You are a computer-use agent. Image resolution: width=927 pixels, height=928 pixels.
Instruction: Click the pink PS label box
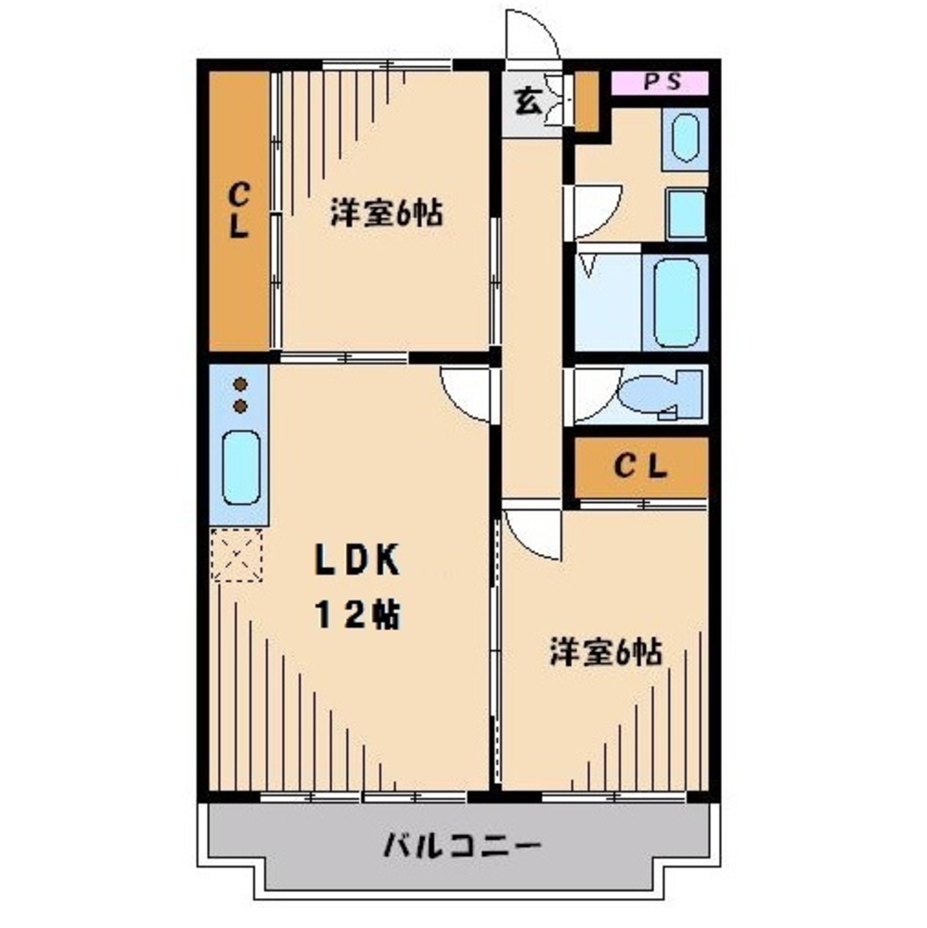tap(660, 82)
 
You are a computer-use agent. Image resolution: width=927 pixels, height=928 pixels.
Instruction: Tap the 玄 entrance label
tap(527, 101)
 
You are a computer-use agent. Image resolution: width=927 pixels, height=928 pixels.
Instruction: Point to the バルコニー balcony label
tap(461, 846)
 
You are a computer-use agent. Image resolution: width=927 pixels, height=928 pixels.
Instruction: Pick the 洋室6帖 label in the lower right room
tap(605, 652)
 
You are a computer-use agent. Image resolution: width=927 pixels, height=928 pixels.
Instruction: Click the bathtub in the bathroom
tap(676, 302)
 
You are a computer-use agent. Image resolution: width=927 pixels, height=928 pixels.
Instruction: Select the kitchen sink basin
tap(241, 469)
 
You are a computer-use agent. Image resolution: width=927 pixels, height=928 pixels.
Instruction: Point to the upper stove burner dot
tap(240, 384)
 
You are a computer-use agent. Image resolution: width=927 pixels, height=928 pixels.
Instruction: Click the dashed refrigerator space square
tap(237, 554)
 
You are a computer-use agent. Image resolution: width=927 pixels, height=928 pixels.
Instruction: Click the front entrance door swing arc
tap(530, 37)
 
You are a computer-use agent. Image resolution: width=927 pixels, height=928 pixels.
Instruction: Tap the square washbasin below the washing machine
tap(687, 213)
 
